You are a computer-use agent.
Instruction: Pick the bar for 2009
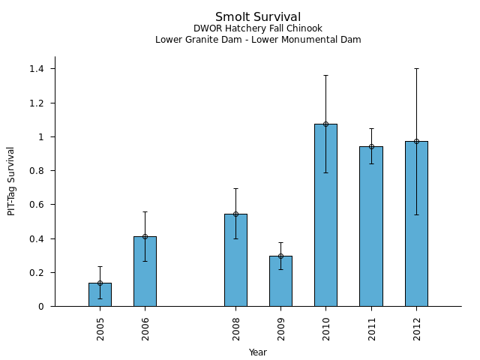[x=280, y=281]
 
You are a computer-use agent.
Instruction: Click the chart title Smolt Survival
[x=258, y=17]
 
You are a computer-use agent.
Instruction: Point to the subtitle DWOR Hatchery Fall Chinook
[x=258, y=28]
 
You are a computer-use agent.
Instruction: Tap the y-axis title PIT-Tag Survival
[x=12, y=181]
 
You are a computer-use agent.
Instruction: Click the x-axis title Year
[x=258, y=352]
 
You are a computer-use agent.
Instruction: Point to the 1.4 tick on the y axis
[x=36, y=69]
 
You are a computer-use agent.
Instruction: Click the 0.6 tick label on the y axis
[x=36, y=205]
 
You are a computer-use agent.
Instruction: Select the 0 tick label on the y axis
[x=42, y=307]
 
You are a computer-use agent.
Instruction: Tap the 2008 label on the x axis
[x=235, y=328]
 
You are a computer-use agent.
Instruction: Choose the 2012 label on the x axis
[x=416, y=328]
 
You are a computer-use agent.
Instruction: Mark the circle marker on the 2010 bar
[x=325, y=124]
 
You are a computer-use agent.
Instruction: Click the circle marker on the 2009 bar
[x=280, y=256]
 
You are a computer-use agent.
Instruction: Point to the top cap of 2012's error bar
[x=416, y=68]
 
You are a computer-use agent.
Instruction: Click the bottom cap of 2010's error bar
[x=325, y=172]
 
